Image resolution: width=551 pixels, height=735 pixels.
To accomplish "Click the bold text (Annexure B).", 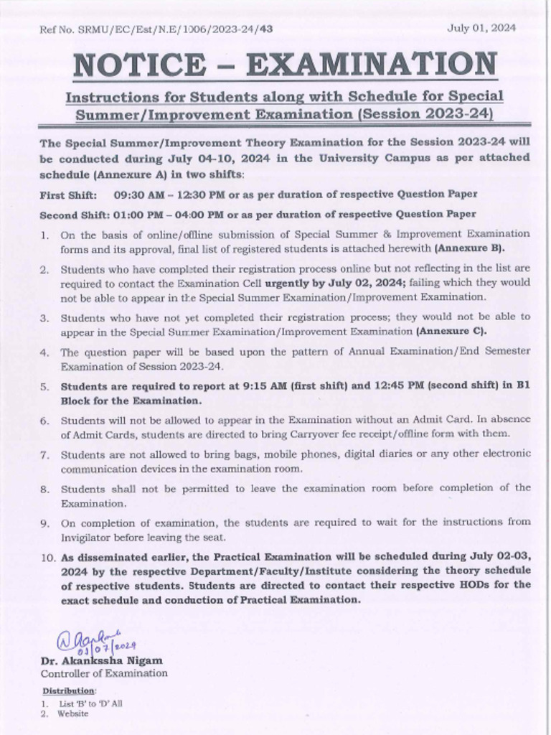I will coord(469,248).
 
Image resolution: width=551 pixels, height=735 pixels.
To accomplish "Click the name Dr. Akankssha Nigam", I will coord(101,660).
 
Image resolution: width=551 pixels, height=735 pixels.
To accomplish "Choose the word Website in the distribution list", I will coord(75,713).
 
